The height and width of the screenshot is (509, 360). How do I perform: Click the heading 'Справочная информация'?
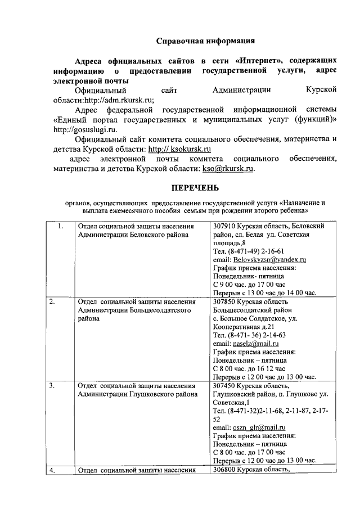[x=205, y=40]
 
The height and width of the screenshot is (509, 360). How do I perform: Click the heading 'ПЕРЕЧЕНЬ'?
[x=195, y=187]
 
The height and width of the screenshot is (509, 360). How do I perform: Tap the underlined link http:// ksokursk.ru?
[x=179, y=149]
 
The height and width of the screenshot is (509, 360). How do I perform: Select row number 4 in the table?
[x=52, y=471]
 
